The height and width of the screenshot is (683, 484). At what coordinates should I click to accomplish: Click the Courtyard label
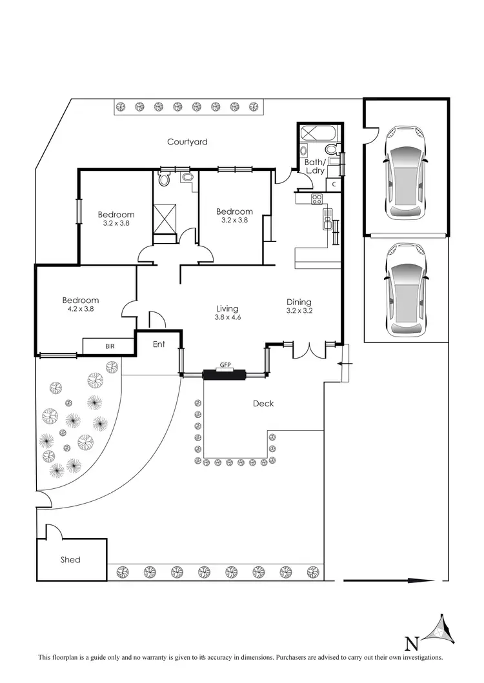click(x=187, y=141)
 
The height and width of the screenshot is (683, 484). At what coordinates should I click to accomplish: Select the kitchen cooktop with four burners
click(x=317, y=199)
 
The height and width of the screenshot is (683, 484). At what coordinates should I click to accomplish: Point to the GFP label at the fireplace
click(x=225, y=365)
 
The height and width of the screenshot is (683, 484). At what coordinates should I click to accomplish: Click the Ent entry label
click(x=159, y=344)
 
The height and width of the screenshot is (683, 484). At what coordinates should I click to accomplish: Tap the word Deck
click(x=263, y=404)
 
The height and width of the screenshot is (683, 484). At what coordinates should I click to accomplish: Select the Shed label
click(x=70, y=559)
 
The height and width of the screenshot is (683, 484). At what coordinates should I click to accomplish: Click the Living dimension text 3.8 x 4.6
click(x=227, y=317)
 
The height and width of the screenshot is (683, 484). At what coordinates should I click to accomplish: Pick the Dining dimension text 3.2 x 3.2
click(x=299, y=311)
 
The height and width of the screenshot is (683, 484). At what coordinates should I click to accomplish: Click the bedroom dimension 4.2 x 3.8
click(x=81, y=309)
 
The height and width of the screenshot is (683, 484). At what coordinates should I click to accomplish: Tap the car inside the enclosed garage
click(x=404, y=173)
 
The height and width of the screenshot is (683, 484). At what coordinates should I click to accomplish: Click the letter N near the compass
click(x=411, y=643)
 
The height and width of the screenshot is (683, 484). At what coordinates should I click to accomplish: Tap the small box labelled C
click(x=334, y=184)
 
